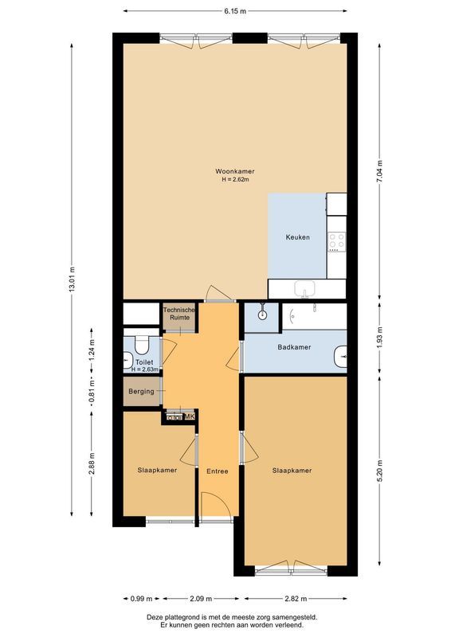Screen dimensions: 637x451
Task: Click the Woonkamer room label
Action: click(235, 171)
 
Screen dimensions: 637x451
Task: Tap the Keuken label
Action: click(298, 237)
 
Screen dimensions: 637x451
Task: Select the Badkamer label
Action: click(294, 347)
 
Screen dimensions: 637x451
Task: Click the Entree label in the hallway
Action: click(218, 471)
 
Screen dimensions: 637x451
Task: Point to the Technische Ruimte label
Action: click(178, 314)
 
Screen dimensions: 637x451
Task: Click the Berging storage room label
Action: click(142, 393)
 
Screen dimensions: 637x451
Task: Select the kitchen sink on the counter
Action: click(304, 288)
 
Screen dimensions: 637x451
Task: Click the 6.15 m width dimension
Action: click(234, 11)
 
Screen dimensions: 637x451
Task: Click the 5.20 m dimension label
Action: click(380, 467)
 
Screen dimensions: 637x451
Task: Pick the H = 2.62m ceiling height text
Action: click(235, 180)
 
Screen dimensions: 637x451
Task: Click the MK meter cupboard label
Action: click(190, 416)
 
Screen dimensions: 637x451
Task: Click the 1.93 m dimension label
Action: click(380, 338)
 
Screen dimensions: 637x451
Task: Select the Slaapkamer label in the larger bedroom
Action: click(292, 471)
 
